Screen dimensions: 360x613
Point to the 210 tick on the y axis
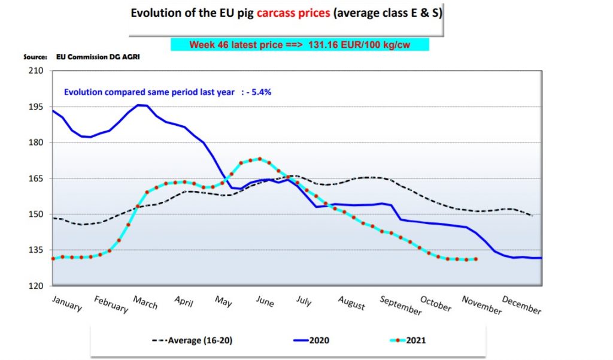pos(36,71)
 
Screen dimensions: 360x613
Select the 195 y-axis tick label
pos(36,107)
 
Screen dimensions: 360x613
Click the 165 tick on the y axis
pos(36,179)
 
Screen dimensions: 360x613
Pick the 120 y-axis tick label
pos(36,286)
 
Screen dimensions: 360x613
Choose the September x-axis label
pos(400,305)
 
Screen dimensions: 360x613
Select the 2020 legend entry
pos(318,340)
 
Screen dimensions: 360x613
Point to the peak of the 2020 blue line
pos(139,105)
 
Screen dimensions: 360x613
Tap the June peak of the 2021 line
pos(259,159)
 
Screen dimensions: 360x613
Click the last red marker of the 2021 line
pos(476,259)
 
